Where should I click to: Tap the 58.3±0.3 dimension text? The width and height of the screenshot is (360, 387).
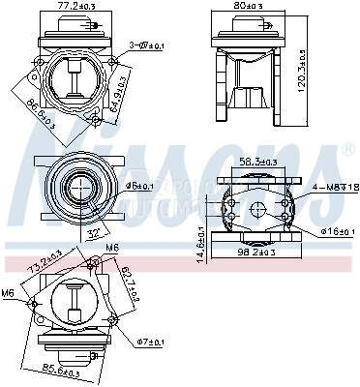(259, 163)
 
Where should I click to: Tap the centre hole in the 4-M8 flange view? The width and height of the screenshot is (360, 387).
(258, 210)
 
